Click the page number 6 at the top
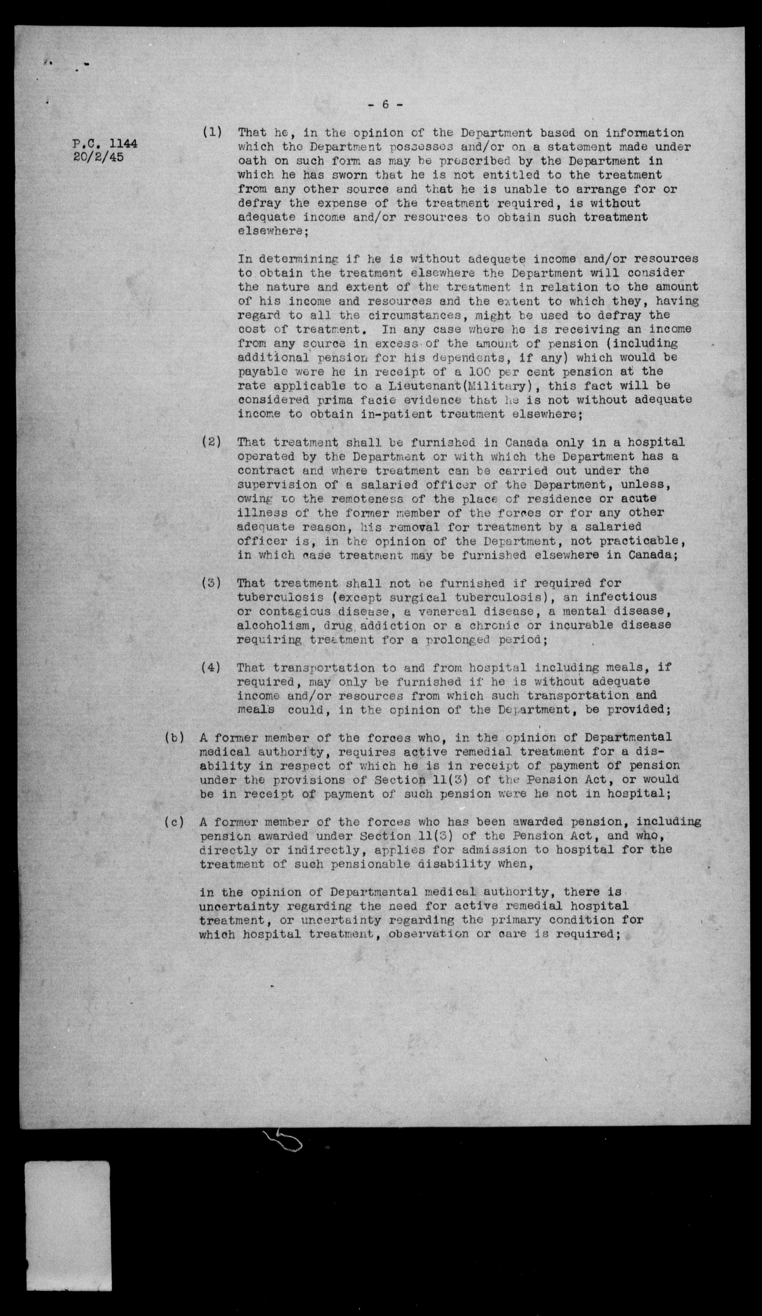pos(385,105)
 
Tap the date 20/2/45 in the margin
pos(99,157)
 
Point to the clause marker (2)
pos(211,442)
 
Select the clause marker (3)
pos(211,583)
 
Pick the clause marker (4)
pos(211,667)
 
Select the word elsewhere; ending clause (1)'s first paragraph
pos(273,231)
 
